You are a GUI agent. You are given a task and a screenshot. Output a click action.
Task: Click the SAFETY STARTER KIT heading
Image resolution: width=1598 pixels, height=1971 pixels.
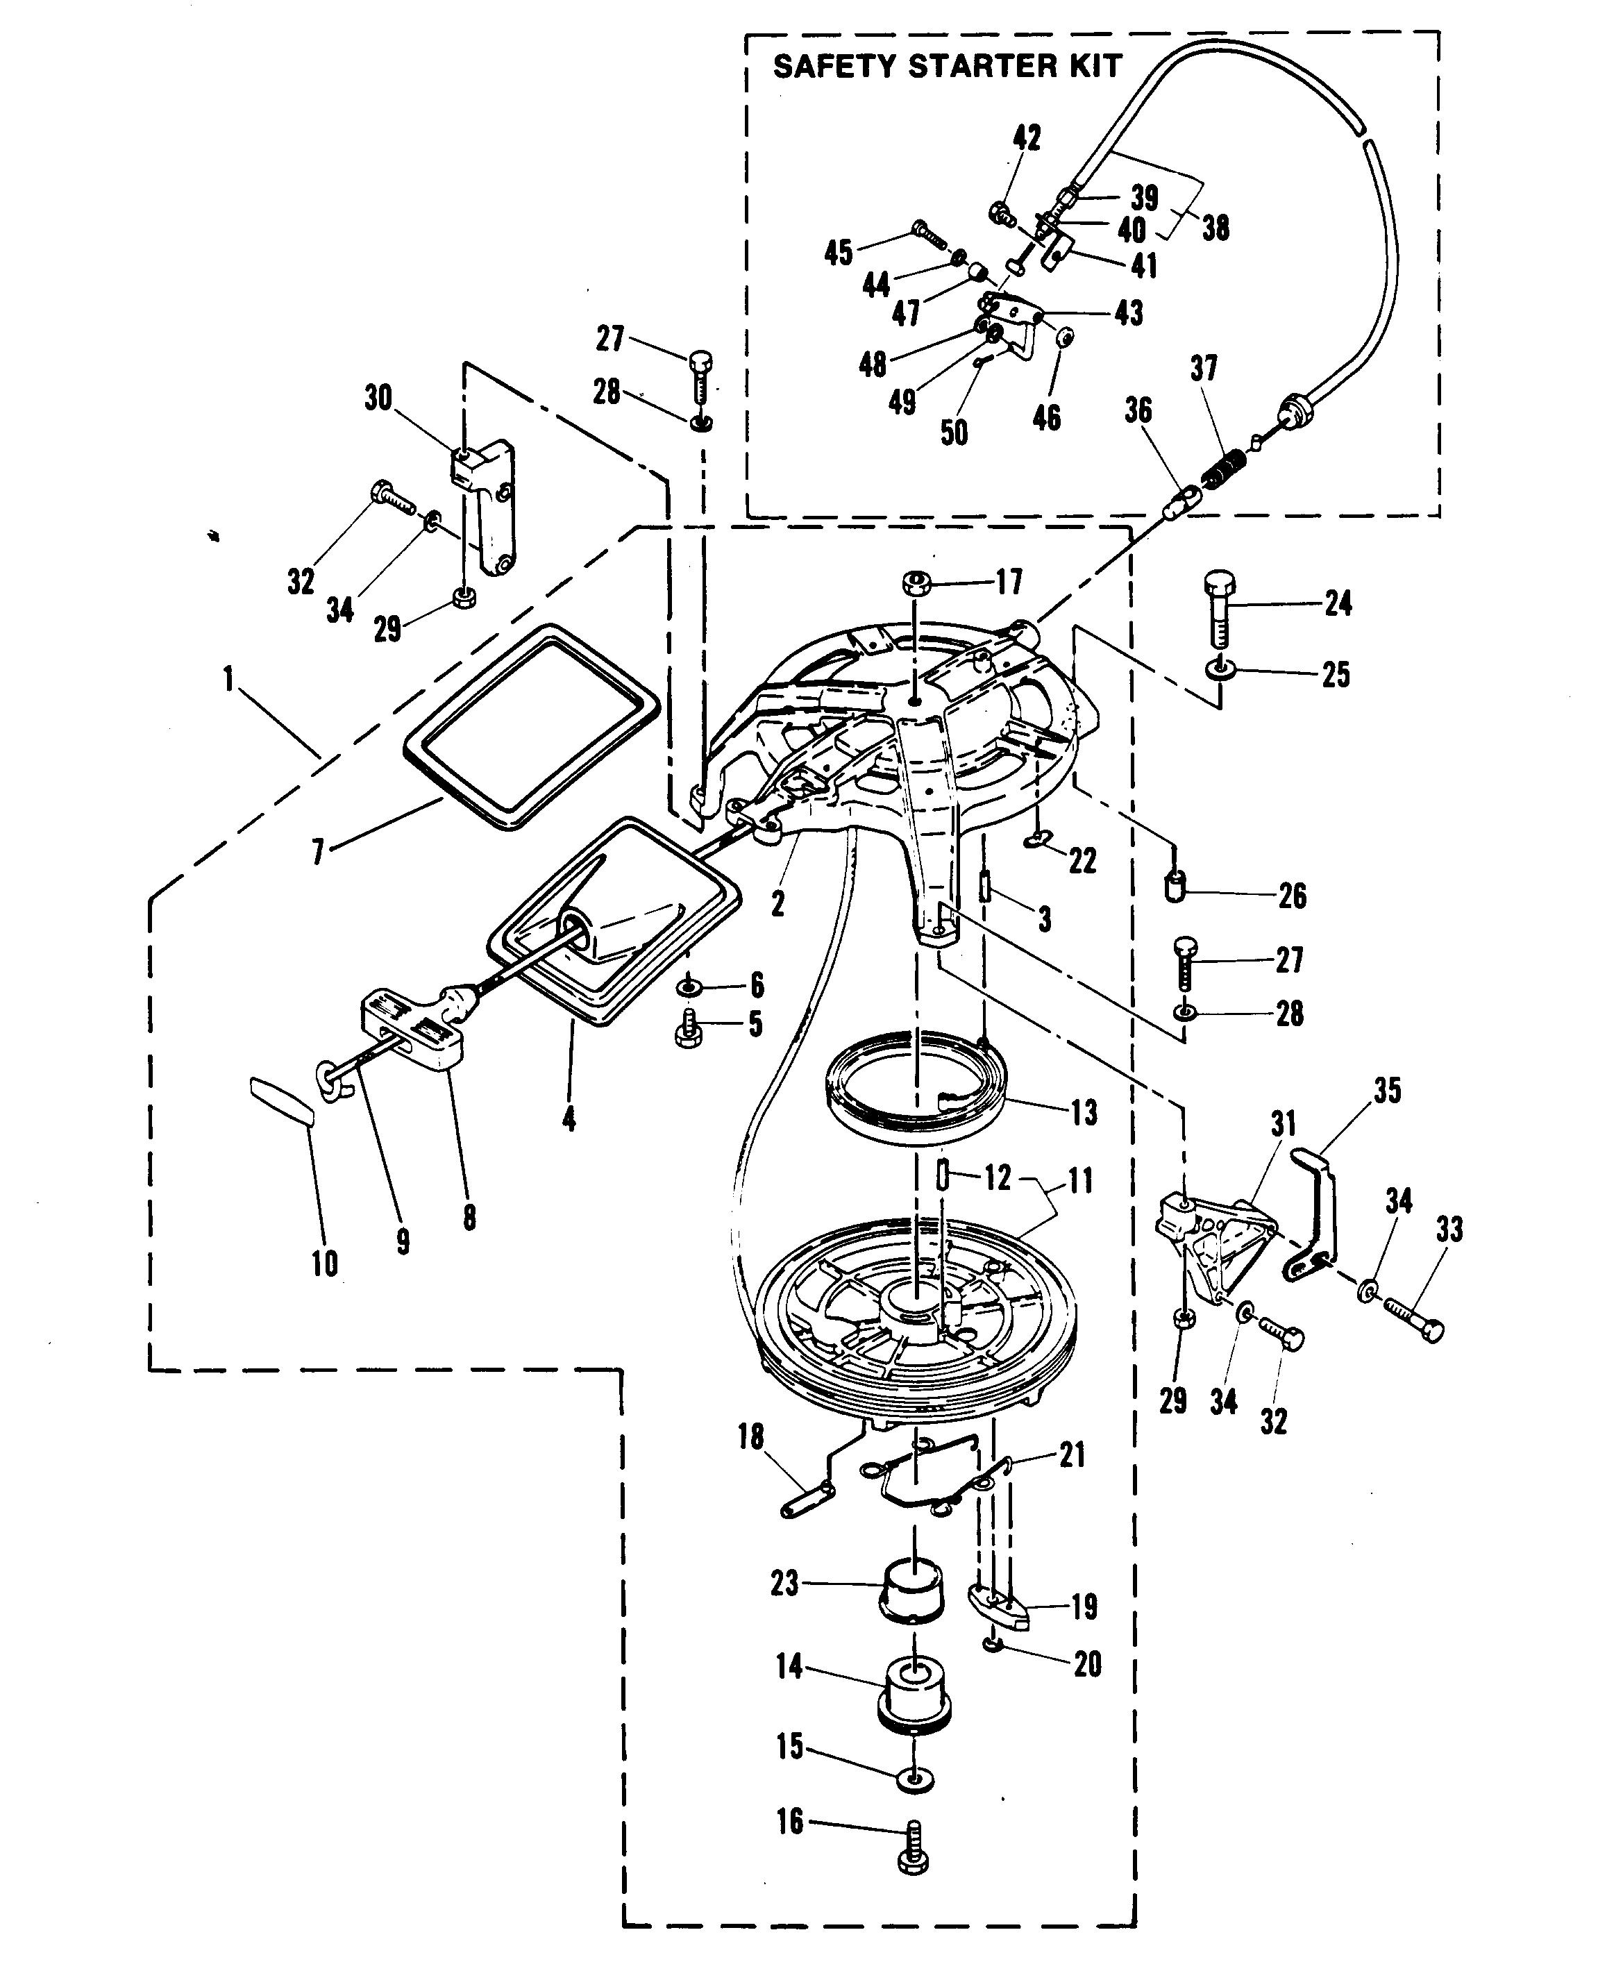pyautogui.click(x=946, y=66)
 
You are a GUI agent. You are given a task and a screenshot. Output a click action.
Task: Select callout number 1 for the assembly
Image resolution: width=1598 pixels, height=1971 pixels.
pyautogui.click(x=228, y=680)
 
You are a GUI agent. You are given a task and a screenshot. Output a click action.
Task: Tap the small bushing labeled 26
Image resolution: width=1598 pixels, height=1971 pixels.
pyautogui.click(x=1175, y=889)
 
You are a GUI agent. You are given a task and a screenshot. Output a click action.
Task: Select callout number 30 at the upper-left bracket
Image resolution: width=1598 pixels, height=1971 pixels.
pyautogui.click(x=378, y=399)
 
